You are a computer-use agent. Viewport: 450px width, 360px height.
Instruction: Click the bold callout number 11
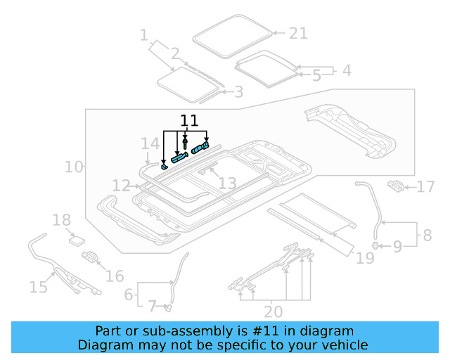click(x=190, y=120)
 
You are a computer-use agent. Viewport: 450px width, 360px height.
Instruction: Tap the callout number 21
click(x=298, y=33)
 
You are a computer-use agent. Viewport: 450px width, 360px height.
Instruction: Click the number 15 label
click(x=38, y=286)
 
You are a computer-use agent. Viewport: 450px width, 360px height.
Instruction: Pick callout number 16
click(x=115, y=276)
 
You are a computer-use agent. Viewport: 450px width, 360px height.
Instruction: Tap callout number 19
click(x=365, y=258)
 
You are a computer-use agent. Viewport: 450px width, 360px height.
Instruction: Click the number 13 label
click(x=226, y=184)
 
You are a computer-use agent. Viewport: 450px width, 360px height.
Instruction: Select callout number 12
click(x=121, y=186)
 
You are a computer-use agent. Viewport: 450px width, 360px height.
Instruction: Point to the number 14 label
click(x=150, y=144)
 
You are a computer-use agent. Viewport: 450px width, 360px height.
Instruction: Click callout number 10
click(x=74, y=167)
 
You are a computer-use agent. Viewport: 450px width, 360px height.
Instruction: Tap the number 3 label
click(x=238, y=91)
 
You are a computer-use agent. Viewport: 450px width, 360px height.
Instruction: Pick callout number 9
click(x=397, y=246)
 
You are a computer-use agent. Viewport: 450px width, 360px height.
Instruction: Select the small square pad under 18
click(x=76, y=239)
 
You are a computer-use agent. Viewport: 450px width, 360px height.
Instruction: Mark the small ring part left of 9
click(x=376, y=245)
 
